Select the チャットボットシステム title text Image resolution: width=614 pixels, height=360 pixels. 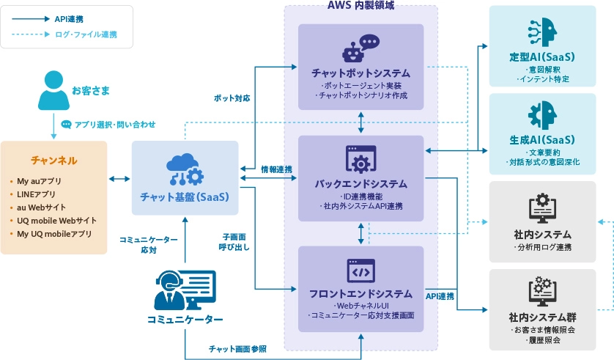click(x=360, y=73)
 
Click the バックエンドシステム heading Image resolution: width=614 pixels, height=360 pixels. click(x=360, y=183)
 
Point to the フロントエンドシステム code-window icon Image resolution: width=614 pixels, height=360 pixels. click(x=360, y=271)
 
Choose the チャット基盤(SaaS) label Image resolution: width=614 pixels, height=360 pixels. click(x=185, y=197)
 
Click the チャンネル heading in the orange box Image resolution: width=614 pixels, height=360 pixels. click(x=53, y=160)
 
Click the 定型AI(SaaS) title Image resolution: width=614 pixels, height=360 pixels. click(x=541, y=56)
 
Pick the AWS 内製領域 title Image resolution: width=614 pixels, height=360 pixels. click(x=360, y=5)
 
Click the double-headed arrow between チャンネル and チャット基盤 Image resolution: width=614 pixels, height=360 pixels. click(x=119, y=178)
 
